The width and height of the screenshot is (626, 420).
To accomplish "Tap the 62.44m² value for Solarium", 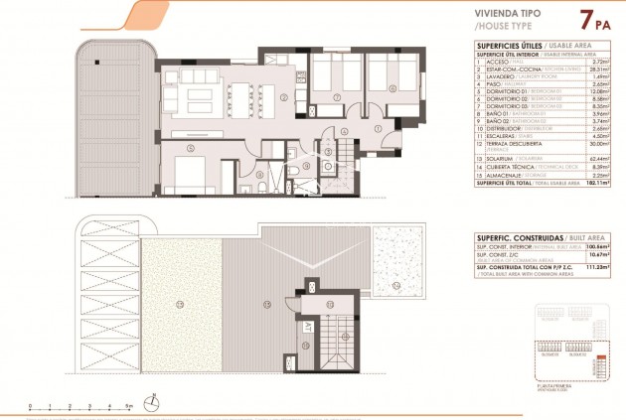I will [x=597, y=157].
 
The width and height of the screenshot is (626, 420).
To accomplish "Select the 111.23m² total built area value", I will [x=596, y=269].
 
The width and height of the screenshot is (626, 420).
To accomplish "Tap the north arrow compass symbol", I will [x=153, y=401].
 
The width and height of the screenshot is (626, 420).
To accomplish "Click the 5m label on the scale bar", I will [x=129, y=406].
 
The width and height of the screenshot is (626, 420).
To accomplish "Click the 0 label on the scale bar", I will [x=31, y=406].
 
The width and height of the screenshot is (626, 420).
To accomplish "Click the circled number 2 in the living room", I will [x=283, y=97].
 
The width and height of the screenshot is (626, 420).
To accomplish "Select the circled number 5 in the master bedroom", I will [x=189, y=149].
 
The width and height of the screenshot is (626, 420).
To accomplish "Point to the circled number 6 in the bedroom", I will [x=391, y=88].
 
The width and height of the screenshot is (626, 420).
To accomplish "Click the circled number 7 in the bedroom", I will [x=337, y=97].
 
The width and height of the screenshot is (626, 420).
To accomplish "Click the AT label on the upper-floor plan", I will [x=309, y=326].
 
